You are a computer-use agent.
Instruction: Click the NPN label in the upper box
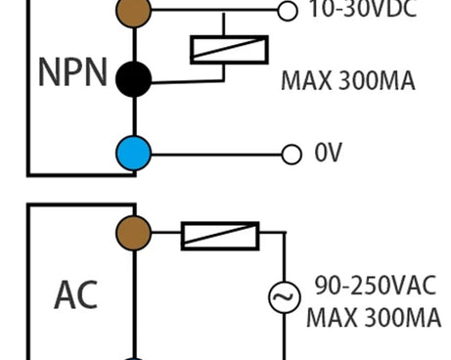tap(72, 75)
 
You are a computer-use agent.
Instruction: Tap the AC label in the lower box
tap(75, 292)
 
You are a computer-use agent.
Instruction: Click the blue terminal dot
tap(133, 154)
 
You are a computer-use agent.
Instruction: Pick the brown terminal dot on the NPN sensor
tap(133, 10)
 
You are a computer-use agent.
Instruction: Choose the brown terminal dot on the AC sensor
tap(133, 233)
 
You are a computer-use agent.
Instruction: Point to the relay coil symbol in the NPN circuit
tap(229, 49)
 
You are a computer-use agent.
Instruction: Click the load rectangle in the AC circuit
tap(220, 235)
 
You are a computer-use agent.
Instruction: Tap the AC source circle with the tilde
tap(285, 294)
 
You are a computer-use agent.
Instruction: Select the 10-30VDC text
tap(361, 10)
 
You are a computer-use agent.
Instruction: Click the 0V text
tap(329, 155)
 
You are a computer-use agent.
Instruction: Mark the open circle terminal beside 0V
tap(291, 155)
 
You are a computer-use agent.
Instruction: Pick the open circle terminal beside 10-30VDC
tap(287, 10)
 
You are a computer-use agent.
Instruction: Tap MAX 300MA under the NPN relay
tap(348, 81)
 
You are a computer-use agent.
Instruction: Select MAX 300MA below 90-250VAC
tap(373, 318)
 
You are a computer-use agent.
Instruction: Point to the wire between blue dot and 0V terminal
tap(215, 155)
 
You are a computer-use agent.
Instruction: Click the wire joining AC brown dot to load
tap(166, 234)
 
